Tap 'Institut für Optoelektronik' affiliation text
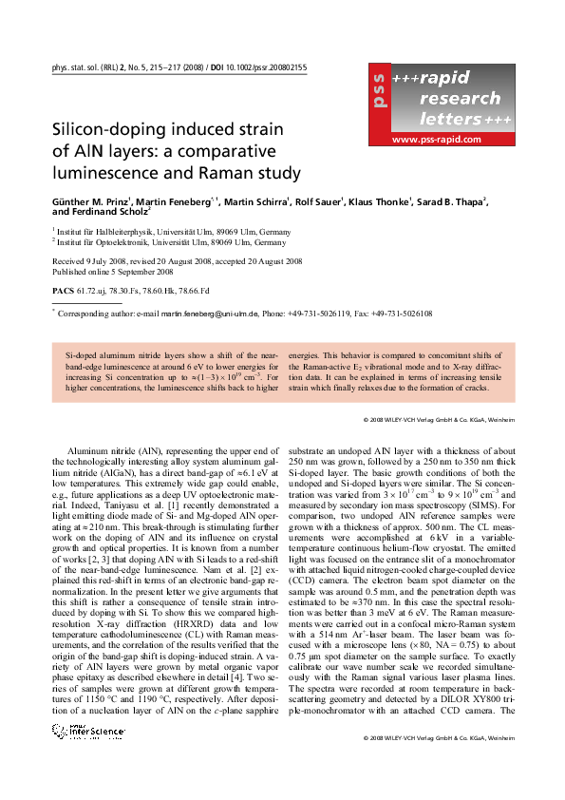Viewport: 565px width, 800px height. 103,242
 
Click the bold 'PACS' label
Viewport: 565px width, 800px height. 62,288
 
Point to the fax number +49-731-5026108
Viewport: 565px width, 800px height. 400,313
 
